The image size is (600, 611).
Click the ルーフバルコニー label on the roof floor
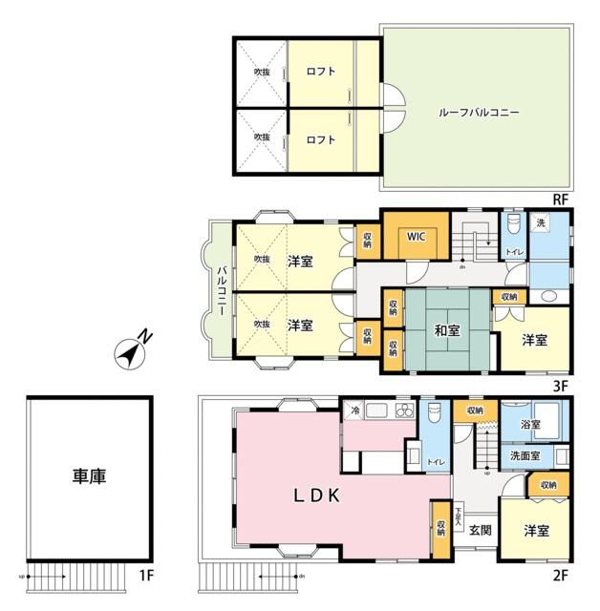[479, 112]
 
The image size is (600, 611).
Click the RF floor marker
[562, 199]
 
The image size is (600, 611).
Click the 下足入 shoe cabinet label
[459, 517]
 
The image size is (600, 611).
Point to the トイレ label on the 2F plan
[436, 462]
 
